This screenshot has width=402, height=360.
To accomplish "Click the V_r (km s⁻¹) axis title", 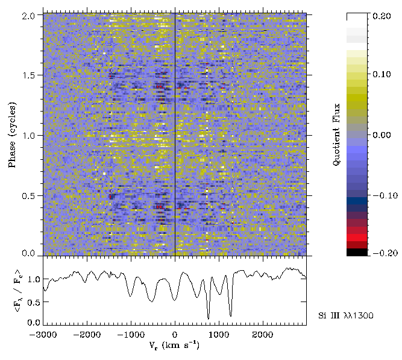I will [175, 347].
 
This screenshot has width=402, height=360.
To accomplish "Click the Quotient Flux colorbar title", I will [338, 134].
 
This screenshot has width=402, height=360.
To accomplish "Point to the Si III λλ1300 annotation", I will [345, 316].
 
